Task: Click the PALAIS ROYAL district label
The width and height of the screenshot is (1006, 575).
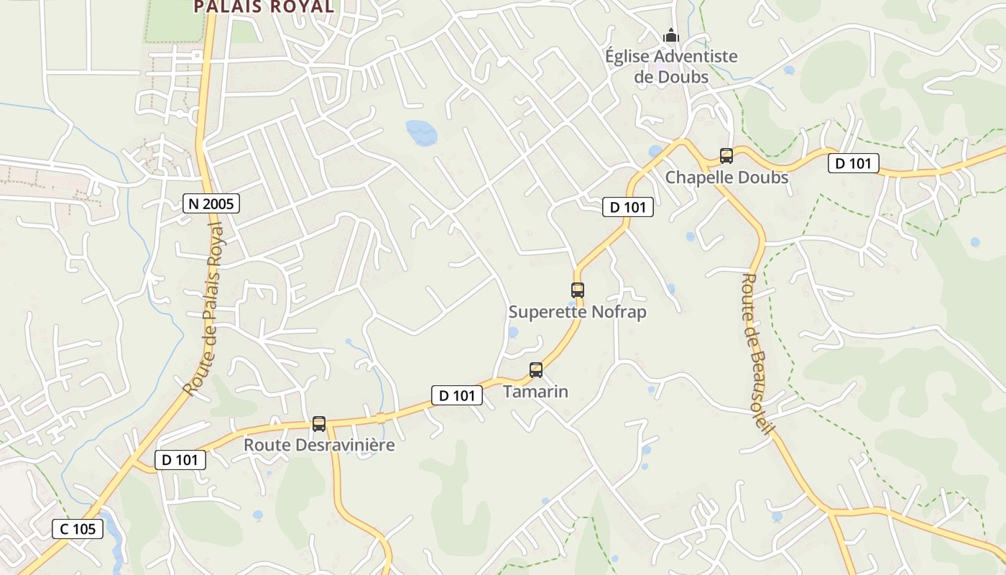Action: (x=264, y=7)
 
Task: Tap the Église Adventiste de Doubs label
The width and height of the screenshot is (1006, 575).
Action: (x=671, y=66)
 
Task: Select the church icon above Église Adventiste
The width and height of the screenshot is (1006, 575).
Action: (x=670, y=35)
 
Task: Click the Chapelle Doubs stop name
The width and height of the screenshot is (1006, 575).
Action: (x=726, y=177)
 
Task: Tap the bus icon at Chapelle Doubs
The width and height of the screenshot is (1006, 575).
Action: (x=726, y=155)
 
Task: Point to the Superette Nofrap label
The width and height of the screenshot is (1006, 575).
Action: (x=577, y=312)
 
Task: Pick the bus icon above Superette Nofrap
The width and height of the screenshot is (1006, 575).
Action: (x=578, y=290)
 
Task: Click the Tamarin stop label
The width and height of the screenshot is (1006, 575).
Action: (x=535, y=392)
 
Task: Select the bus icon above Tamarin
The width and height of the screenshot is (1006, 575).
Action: (x=536, y=370)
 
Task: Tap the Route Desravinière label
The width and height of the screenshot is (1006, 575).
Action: (x=319, y=445)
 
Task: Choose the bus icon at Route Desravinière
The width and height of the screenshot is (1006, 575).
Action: (x=319, y=424)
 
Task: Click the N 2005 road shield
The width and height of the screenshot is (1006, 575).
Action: (x=211, y=204)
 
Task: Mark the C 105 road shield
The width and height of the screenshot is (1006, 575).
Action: (x=78, y=530)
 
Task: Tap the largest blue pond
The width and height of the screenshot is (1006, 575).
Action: (x=422, y=132)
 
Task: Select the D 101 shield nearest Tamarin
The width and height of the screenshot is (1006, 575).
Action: (x=457, y=395)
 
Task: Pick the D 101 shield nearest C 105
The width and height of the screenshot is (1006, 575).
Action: (x=180, y=460)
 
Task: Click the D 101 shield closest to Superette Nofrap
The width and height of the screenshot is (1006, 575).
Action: (x=628, y=208)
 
